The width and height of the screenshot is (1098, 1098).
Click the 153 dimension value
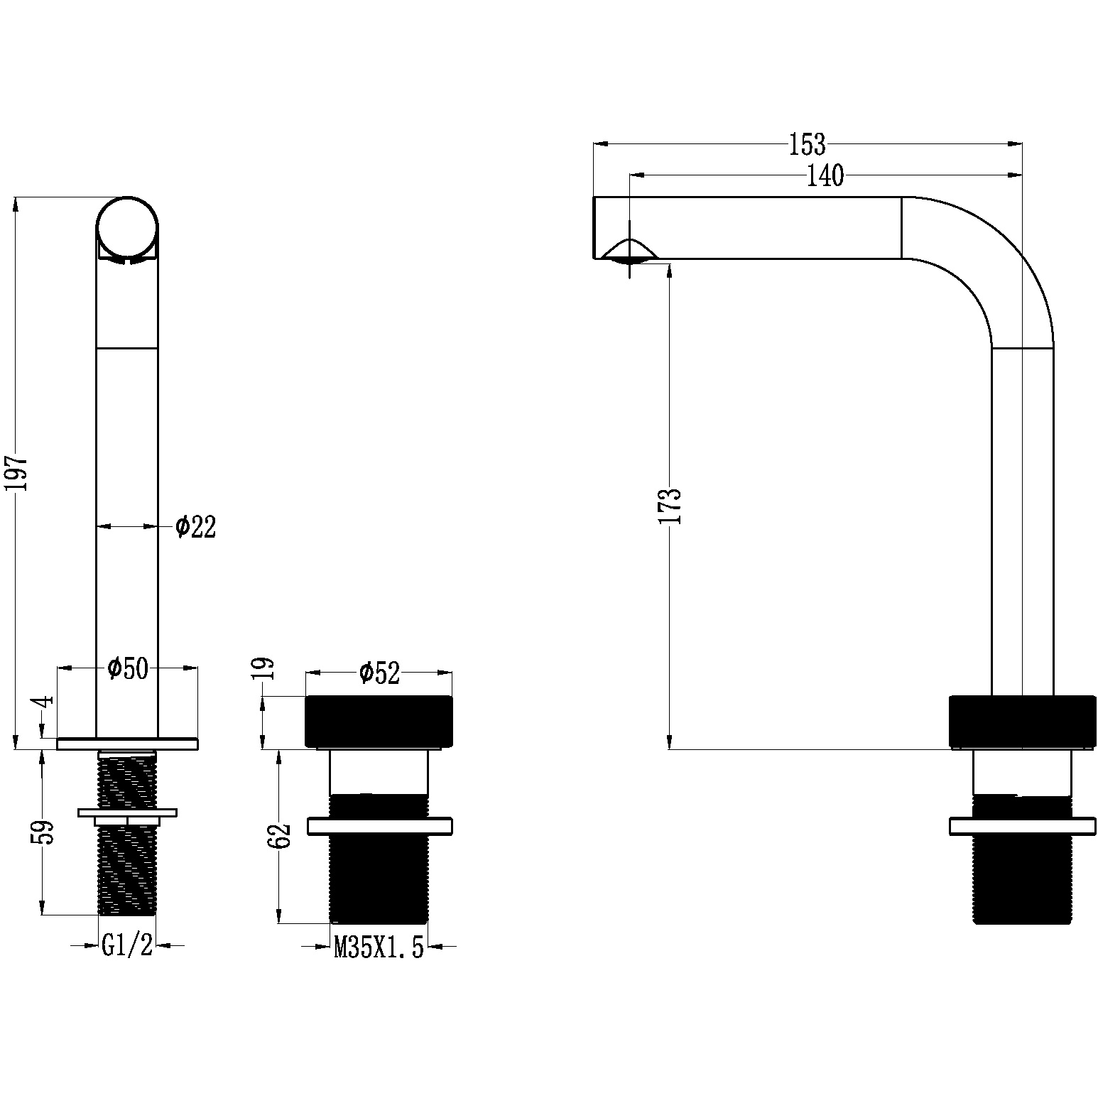(x=808, y=145)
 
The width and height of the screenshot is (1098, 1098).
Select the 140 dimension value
(x=825, y=175)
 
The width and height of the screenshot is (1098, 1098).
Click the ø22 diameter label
(x=196, y=526)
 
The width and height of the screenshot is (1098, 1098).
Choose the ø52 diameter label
(x=380, y=672)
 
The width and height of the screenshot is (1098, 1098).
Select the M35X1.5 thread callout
(x=379, y=947)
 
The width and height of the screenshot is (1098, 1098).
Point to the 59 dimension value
(x=44, y=832)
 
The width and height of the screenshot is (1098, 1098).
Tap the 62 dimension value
(x=281, y=835)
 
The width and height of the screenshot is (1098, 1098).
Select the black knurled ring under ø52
(x=379, y=722)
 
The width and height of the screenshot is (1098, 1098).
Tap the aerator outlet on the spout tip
(x=630, y=251)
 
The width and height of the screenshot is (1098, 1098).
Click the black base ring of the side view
(x=1022, y=721)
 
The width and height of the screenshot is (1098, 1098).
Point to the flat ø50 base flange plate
(x=127, y=744)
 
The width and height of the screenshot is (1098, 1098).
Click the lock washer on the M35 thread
(x=379, y=827)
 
